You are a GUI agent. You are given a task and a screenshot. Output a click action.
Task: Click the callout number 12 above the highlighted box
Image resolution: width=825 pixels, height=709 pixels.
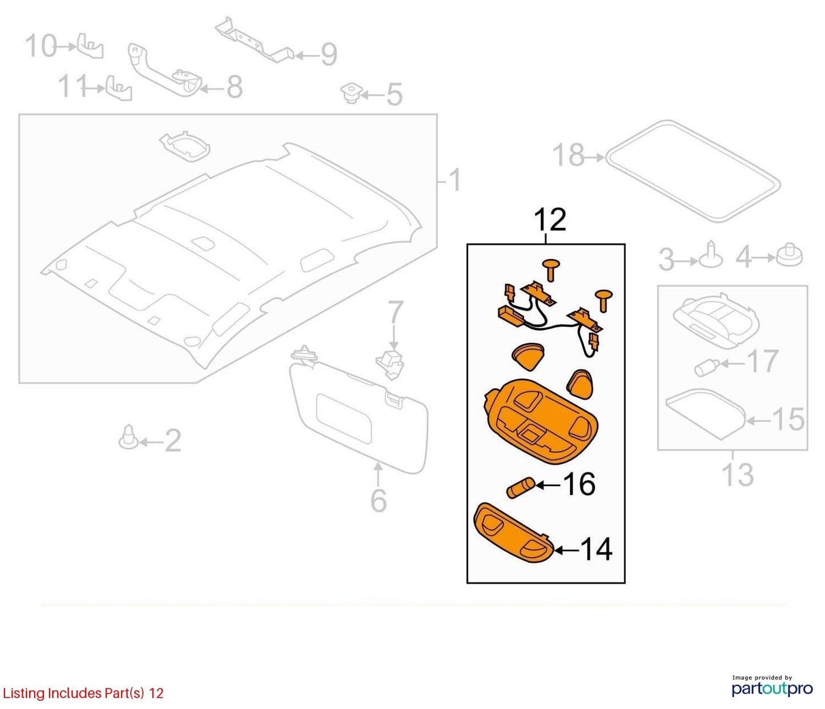550,219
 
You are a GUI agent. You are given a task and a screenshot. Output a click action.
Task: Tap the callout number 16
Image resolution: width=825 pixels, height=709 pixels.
579,485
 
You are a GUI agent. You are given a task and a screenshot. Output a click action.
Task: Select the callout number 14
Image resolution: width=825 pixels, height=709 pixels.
596,550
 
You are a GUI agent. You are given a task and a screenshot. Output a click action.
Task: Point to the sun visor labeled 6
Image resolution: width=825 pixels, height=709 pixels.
359,411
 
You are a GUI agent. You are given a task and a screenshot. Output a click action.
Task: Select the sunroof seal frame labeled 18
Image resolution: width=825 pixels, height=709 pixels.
693,170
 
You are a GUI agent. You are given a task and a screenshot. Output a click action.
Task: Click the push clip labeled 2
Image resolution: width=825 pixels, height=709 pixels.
128,438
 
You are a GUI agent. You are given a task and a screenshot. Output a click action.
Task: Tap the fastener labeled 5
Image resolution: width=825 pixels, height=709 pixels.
351,94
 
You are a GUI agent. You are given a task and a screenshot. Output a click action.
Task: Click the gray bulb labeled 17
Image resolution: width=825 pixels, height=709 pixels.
707,366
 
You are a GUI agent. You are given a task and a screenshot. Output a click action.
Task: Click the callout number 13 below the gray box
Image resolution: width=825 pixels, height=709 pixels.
738,474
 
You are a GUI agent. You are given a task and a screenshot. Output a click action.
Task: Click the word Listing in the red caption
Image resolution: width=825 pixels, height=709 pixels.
23,694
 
